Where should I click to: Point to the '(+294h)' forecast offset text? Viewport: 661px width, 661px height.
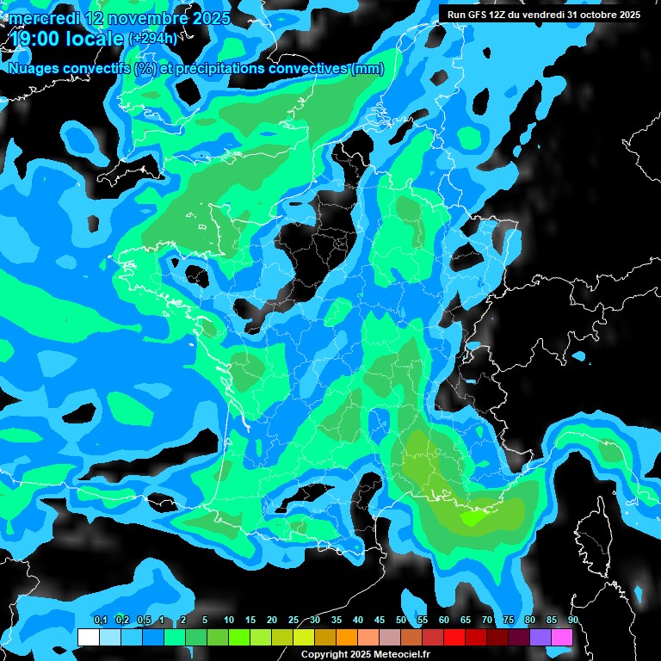click(152, 39)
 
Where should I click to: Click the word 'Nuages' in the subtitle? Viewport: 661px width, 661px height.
click(34, 68)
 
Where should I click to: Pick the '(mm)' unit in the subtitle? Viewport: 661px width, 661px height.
click(368, 68)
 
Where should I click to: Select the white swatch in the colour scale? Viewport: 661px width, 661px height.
click(88, 637)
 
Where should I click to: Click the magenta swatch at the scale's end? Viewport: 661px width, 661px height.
click(562, 637)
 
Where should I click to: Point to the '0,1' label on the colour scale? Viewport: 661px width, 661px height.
click(100, 621)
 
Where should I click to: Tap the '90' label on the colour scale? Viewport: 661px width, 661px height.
click(572, 621)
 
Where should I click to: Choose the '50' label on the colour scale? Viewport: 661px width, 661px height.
click(401, 621)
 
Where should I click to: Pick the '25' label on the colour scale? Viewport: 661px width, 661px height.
click(293, 621)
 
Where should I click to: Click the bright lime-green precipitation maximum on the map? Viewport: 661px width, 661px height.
click(473, 518)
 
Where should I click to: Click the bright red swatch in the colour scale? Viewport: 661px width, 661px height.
click(454, 637)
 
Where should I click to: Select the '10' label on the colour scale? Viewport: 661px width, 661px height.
click(229, 621)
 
